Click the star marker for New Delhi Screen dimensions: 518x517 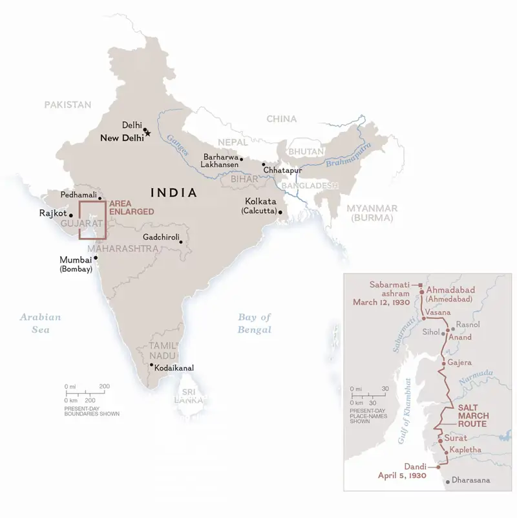point(148,134)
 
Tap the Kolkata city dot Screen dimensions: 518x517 point(280,211)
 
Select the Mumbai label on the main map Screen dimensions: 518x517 point(76,261)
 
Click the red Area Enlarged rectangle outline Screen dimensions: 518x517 point(79,221)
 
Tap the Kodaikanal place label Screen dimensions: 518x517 point(174,368)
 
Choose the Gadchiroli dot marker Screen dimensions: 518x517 point(182,243)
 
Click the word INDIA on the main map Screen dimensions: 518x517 point(173,192)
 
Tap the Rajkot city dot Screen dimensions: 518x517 point(70,213)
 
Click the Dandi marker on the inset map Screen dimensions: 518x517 point(438,466)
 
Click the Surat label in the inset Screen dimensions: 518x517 point(456,438)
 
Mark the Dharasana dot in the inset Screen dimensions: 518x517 point(447,480)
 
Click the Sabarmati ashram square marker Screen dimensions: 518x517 point(421,285)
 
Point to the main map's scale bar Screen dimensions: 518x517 point(84,393)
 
